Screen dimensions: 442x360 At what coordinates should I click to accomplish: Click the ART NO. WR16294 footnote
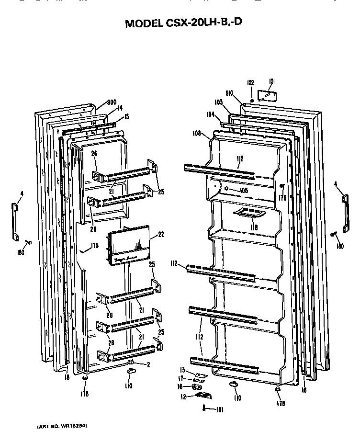(x=62, y=426)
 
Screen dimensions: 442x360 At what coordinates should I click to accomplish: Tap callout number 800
(x=112, y=102)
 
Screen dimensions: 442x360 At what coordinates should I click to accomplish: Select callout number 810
(x=229, y=94)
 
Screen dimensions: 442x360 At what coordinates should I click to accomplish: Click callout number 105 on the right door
(x=243, y=190)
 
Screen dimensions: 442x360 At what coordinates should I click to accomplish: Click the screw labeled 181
(x=206, y=408)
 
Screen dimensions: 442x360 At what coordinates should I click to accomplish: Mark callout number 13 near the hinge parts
(x=182, y=369)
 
